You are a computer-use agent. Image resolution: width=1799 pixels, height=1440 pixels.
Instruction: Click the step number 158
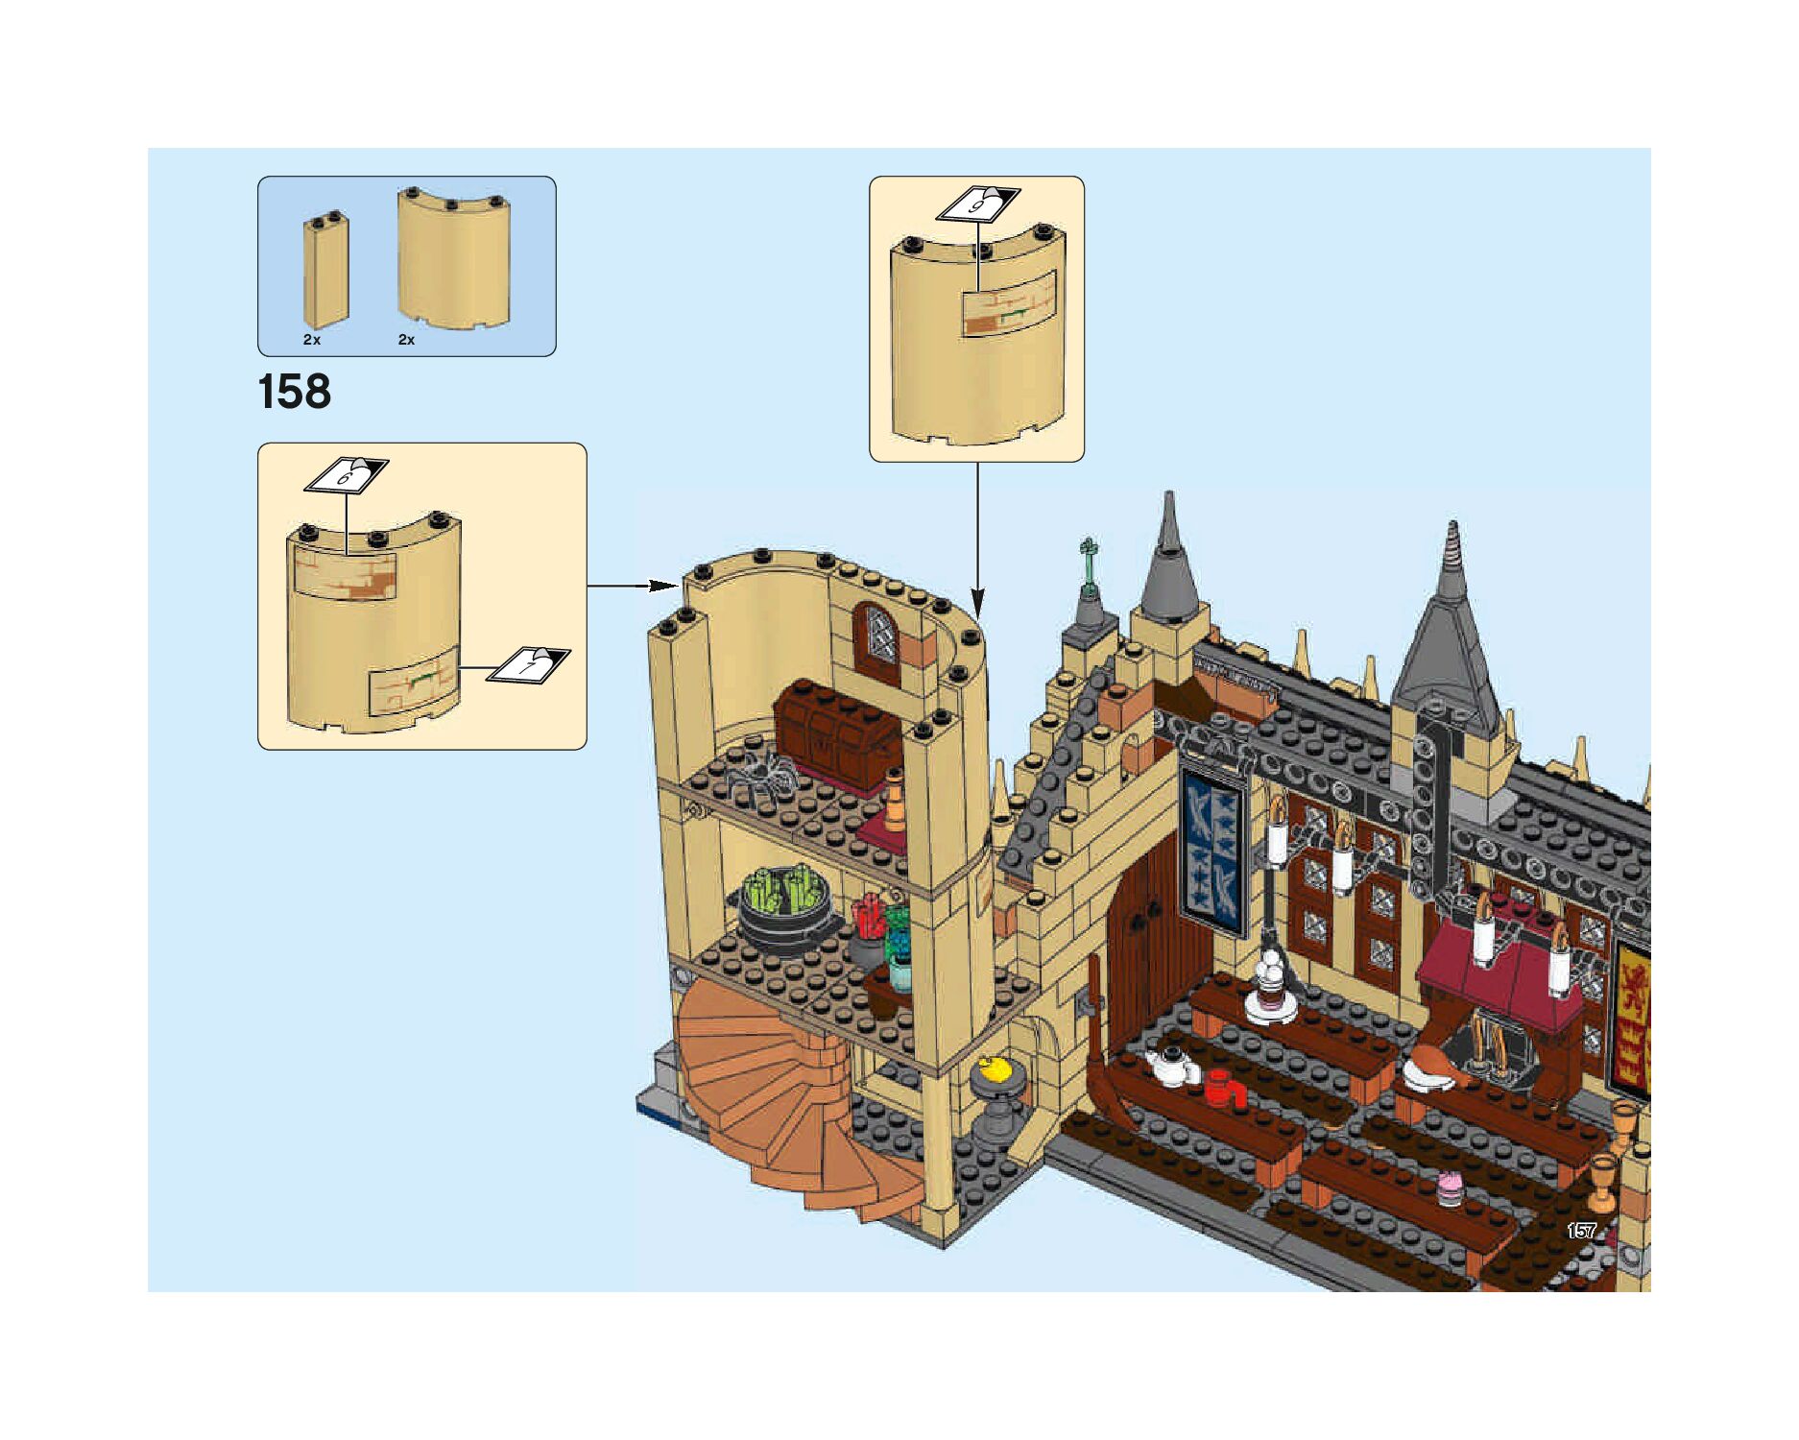(x=294, y=392)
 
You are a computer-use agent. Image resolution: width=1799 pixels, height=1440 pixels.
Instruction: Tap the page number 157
(x=1580, y=1231)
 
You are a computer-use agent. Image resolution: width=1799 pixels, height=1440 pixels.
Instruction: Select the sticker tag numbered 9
(x=977, y=204)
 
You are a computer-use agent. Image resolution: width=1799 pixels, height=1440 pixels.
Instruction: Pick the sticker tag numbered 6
(x=346, y=474)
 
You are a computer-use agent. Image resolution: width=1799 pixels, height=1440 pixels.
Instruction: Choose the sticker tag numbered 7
(x=528, y=665)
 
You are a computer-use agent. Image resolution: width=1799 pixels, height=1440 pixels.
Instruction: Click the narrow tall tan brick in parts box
(x=325, y=272)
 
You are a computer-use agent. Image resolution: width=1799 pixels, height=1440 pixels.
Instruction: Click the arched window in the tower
(x=876, y=643)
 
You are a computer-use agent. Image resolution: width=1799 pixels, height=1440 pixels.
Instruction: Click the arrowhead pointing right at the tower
(x=661, y=586)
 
